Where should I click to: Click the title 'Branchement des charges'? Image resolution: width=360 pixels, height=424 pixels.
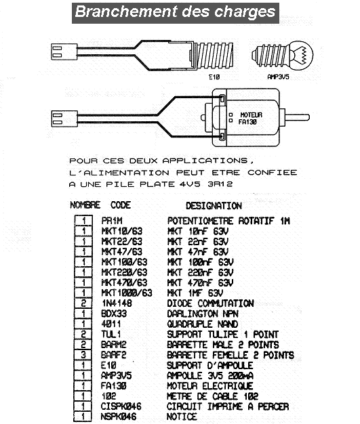coord(176,12)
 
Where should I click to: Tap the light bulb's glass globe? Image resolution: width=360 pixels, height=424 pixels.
coord(301,55)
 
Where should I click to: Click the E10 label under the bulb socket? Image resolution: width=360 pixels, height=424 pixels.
coord(214,77)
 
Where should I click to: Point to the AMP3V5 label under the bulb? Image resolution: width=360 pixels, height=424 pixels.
coord(278,77)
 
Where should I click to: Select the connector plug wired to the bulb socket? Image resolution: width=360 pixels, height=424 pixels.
coord(64,51)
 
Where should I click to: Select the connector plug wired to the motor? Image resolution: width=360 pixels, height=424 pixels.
coord(64,119)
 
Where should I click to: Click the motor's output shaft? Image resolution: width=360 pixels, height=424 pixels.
coord(297,117)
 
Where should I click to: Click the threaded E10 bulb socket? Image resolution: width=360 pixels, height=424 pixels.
coord(212,55)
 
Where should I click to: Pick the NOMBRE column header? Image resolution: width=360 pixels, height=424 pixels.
coord(85,205)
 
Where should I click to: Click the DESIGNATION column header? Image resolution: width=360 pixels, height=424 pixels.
coord(214,206)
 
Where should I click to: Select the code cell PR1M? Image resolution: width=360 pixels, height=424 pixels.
coord(112,221)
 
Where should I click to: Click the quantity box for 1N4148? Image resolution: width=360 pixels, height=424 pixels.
coord(83,303)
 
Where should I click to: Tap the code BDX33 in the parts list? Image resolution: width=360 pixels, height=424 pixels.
coord(114,314)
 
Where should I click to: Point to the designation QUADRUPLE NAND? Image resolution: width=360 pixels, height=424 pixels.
coord(203,324)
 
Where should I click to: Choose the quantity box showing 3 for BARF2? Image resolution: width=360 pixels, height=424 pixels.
coord(83,354)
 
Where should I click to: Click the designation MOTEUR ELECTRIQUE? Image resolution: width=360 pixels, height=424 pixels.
coord(209,385)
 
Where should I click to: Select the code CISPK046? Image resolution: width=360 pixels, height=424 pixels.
coord(121,406)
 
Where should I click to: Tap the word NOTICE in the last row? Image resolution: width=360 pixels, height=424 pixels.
coord(182,417)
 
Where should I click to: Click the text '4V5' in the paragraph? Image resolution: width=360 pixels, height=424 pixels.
coord(190,184)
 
